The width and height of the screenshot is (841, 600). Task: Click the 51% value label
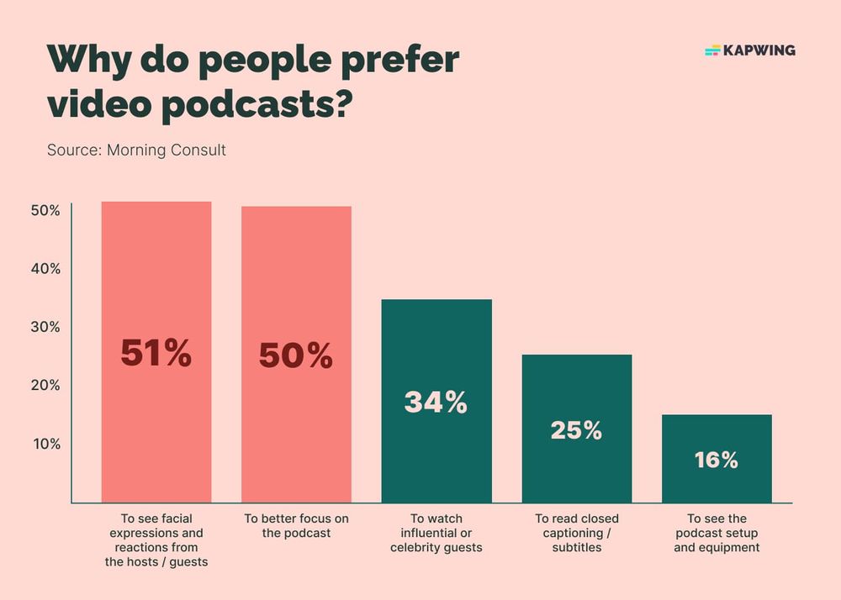pos(156,354)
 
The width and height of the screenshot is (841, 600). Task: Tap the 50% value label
pos(296,356)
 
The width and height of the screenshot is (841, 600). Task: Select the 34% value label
pos(436,403)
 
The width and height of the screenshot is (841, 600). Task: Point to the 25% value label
pos(576,430)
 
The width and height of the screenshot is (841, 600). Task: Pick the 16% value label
pos(717,460)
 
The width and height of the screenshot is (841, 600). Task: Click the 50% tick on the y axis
pos(45,211)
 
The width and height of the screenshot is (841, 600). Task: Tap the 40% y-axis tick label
pos(45,269)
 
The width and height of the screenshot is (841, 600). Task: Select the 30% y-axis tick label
pos(45,327)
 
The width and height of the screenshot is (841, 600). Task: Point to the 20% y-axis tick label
pos(45,385)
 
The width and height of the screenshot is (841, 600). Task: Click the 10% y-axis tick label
pos(45,444)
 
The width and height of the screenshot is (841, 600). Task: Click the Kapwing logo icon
pos(712,50)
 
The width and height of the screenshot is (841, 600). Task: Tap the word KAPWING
pos(759,50)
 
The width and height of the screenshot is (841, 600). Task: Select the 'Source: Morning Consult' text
pos(136,151)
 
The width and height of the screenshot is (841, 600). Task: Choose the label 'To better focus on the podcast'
pos(296,525)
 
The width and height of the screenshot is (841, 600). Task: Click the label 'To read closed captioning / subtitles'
pos(576,533)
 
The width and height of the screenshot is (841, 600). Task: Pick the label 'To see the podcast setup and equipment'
pos(717,533)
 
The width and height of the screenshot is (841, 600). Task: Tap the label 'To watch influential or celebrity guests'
pos(436,533)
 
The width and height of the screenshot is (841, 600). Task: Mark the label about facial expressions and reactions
pos(156,540)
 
